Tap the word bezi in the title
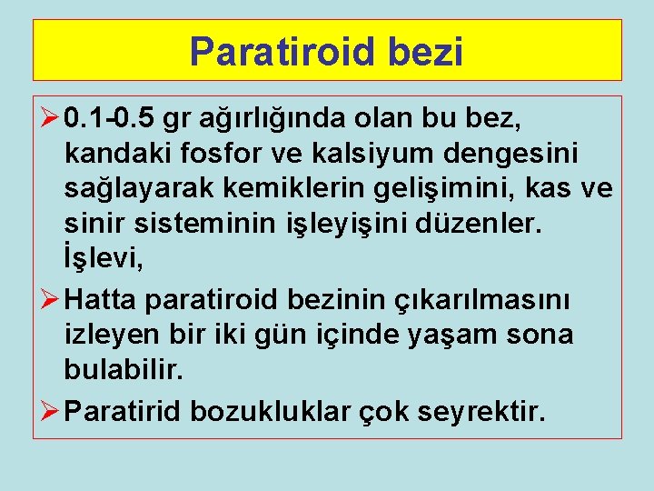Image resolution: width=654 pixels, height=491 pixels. (x=430, y=51)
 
